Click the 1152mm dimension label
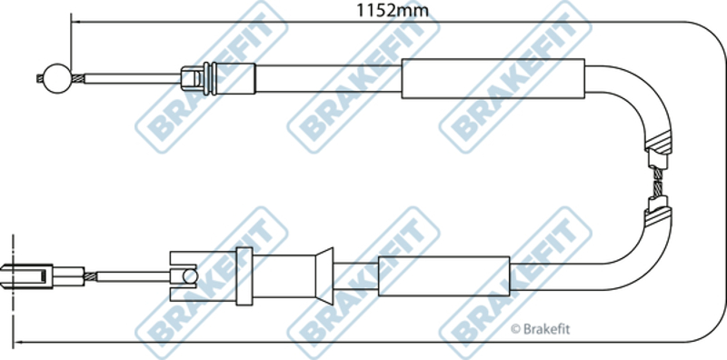[x=393, y=9]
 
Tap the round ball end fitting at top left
[x=57, y=78]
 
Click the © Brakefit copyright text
[x=540, y=329]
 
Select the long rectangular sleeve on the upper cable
[x=493, y=78]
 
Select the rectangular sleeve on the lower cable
[x=444, y=276]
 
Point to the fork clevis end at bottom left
[x=28, y=276]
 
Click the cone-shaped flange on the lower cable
[x=324, y=276]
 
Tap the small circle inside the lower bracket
[x=190, y=276]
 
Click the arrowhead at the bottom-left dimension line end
[x=18, y=344]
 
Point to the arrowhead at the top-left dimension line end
[x=77, y=22]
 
